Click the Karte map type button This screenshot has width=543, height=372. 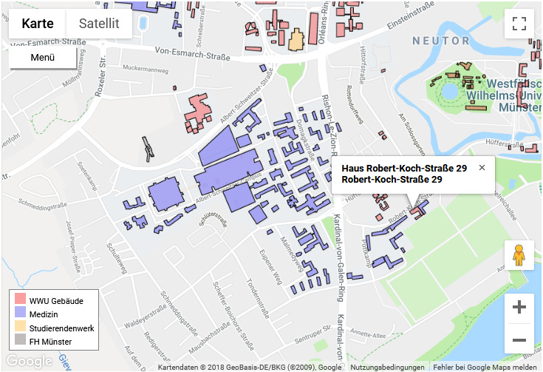(x=38, y=23)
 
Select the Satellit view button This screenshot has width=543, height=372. (x=99, y=23)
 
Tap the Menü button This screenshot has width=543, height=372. (x=43, y=58)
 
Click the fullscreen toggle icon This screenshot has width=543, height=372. (x=519, y=23)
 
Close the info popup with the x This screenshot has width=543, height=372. (x=482, y=168)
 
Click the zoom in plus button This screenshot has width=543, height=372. (x=519, y=307)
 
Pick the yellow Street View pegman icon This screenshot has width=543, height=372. (x=519, y=255)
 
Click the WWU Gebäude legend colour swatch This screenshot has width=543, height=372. (x=20, y=301)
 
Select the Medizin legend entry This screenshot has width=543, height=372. (x=44, y=314)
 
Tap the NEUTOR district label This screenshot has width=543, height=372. (x=441, y=40)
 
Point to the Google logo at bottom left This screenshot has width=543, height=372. (x=29, y=361)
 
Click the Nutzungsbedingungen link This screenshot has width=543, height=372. (x=387, y=368)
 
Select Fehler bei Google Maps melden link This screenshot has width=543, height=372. (x=485, y=368)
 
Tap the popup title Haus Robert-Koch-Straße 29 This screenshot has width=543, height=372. (x=404, y=169)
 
